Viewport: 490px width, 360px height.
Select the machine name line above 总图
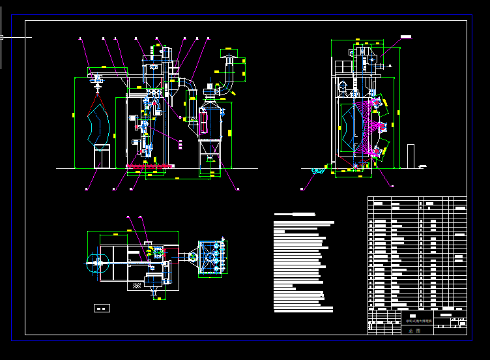(420, 321)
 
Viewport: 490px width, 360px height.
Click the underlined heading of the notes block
(295, 214)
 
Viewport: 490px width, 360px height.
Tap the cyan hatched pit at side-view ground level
(318, 172)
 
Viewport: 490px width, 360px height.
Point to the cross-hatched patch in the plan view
(137, 286)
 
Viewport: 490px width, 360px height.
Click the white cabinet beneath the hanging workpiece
(102, 156)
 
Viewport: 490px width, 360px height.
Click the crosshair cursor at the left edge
(2, 37)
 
